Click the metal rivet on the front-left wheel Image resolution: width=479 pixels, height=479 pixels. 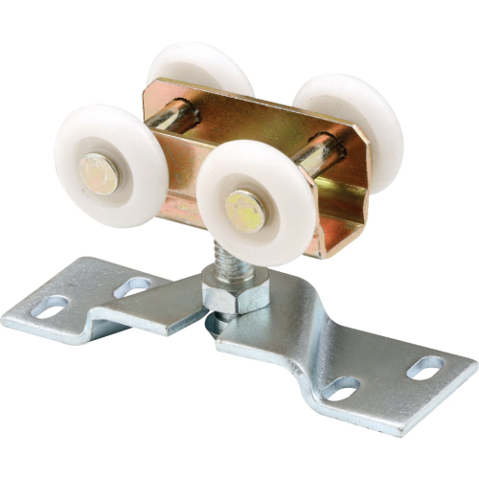[x=99, y=172]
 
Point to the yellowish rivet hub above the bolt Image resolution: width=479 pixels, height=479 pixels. [x=244, y=209]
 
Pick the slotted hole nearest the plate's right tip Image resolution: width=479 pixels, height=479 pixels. [x=425, y=367]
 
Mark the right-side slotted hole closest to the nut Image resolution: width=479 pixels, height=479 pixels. [x=340, y=389]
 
